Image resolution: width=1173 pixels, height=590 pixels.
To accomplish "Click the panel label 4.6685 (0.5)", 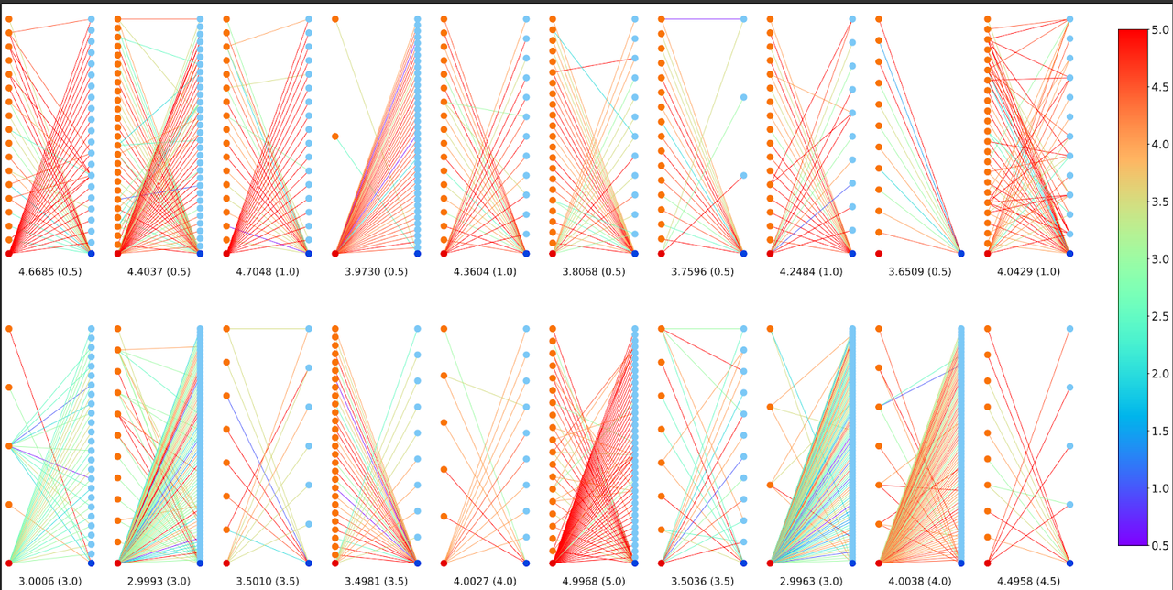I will (49, 272).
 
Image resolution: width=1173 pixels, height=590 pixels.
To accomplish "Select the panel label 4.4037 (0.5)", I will (159, 272).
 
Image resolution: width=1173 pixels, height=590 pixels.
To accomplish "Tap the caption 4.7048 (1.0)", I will (268, 272).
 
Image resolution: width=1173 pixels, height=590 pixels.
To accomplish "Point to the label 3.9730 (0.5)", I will (376, 272).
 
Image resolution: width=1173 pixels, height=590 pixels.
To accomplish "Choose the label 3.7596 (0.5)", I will (702, 272).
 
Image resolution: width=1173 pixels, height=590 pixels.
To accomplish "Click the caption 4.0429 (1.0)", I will (1028, 272).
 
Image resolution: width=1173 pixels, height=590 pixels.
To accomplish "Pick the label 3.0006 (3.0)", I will (49, 582).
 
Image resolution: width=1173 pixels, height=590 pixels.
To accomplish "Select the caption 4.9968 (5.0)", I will (594, 582).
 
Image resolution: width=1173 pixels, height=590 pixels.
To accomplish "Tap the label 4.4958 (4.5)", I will (1028, 582).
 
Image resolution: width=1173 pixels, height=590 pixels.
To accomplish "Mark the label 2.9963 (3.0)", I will (811, 582).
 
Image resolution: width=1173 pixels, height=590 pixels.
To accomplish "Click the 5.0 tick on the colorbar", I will (1159, 30).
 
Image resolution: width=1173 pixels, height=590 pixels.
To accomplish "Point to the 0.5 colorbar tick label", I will (1159, 546).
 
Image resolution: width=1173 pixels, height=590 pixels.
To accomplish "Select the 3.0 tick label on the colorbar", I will (1159, 259).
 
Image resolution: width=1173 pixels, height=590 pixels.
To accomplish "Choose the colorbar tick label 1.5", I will (1159, 432).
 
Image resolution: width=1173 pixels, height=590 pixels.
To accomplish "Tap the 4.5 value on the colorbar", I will (1159, 88).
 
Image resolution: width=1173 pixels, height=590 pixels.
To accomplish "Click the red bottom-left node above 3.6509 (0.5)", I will (879, 253).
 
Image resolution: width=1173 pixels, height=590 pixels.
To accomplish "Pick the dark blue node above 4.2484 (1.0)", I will (852, 253).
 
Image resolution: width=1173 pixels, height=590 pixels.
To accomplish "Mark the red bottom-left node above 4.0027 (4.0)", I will (444, 563).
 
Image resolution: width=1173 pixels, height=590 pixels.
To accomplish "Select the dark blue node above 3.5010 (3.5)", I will (309, 563).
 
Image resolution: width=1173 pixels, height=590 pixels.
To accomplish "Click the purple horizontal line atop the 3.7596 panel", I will (702, 19).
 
